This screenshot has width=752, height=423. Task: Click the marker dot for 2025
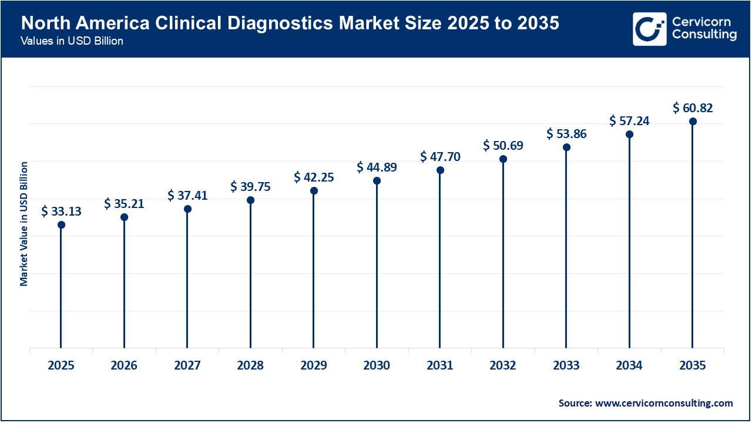[61, 224]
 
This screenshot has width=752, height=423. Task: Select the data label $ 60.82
[693, 108]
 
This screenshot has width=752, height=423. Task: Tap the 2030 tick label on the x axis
[377, 365]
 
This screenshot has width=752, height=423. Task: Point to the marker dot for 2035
[693, 122]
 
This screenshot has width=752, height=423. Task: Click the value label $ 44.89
[377, 167]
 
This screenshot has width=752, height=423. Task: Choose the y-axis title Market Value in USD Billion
[24, 223]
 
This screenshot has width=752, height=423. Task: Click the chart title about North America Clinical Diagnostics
[290, 23]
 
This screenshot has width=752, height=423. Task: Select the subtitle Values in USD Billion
[72, 42]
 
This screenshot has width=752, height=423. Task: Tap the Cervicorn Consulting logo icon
[649, 29]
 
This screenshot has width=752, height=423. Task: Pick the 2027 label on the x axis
[187, 365]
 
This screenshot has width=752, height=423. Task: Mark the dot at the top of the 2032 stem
[503, 159]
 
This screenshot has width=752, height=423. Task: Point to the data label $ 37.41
[187, 195]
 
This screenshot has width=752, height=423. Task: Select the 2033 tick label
[566, 365]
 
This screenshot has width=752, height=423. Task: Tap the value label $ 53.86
[566, 133]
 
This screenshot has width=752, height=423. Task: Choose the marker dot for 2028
[250, 200]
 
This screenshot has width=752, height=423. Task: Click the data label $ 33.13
[61, 211]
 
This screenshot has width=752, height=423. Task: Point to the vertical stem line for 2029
[314, 270]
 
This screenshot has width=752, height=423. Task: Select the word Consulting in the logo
[704, 35]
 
